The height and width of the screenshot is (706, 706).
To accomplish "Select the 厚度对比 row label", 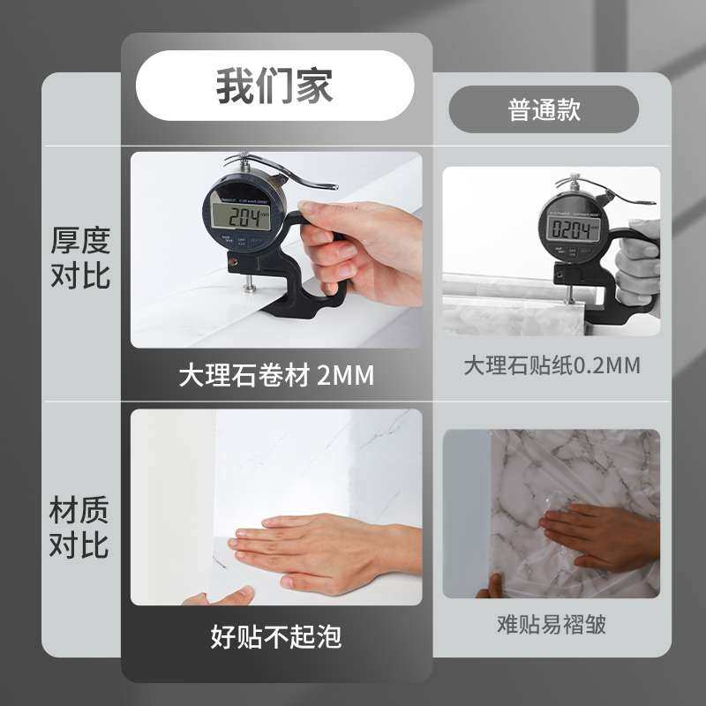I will click(80, 257).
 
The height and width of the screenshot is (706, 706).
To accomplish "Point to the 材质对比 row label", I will click(80, 527).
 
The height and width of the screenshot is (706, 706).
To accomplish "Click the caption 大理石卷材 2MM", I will click(276, 375).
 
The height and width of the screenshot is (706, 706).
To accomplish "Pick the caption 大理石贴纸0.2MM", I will click(552, 365).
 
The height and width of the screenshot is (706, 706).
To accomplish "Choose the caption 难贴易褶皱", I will click(552, 625).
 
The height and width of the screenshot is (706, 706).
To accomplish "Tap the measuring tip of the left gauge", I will click(251, 286).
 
